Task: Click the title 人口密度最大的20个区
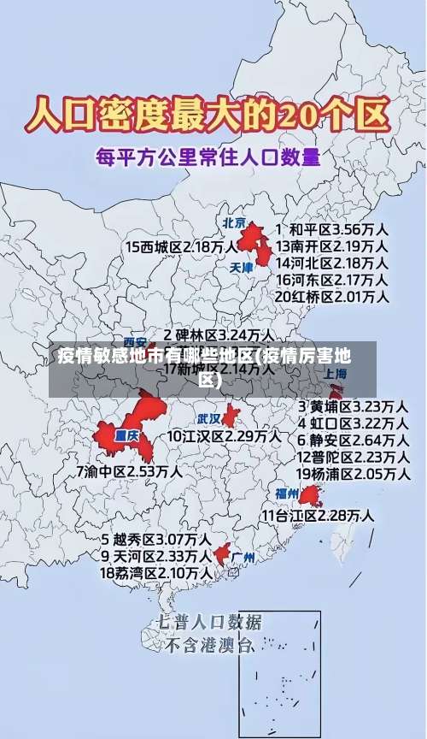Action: pyautogui.click(x=208, y=115)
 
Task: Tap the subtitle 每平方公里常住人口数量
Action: pyautogui.click(x=208, y=157)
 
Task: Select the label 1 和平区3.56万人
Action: pyautogui.click(x=332, y=229)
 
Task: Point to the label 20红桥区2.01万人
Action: pyautogui.click(x=332, y=297)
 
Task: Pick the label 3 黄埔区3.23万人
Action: pyautogui.click(x=352, y=405)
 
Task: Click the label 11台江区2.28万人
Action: pyautogui.click(x=318, y=516)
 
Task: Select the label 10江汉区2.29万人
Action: pyautogui.click(x=224, y=436)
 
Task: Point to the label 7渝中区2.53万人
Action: pyautogui.click(x=128, y=470)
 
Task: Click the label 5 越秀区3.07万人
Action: pyautogui.click(x=156, y=540)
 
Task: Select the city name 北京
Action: pyautogui.click(x=234, y=222)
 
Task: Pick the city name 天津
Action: pyautogui.click(x=243, y=267)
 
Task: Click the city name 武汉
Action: pyautogui.click(x=208, y=418)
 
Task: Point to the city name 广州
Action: pyautogui.click(x=243, y=557)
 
